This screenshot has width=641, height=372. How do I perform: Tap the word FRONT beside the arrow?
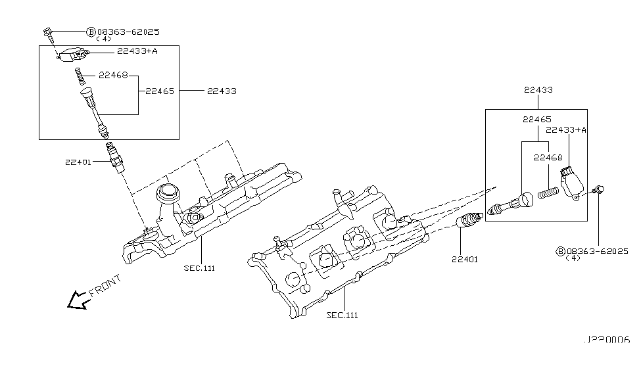pos(105,286)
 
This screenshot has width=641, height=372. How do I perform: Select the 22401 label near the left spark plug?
pos(79,161)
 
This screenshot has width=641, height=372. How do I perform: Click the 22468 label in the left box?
pos(113,76)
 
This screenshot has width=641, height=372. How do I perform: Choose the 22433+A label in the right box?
pos(566,130)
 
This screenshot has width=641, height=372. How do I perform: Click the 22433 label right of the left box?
pos(221,91)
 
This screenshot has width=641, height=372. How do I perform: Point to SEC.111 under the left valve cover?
pos(200,267)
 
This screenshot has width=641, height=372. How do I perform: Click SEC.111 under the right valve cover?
pos(343,315)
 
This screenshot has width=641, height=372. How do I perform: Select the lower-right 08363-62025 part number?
pos(597,251)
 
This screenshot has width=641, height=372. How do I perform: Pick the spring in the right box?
pos(548,193)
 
